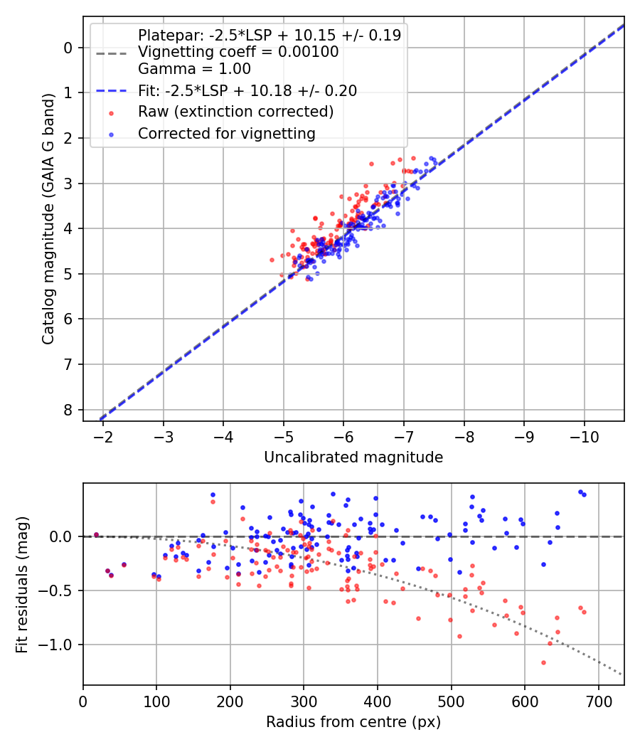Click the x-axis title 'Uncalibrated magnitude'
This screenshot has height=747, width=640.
(353, 457)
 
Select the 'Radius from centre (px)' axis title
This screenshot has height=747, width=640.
(353, 722)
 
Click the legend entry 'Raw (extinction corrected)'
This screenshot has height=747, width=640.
(235, 112)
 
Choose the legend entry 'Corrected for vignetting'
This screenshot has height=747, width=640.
(226, 133)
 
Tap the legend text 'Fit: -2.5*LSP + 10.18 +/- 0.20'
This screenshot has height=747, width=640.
(247, 90)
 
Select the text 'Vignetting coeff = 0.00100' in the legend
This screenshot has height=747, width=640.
(238, 52)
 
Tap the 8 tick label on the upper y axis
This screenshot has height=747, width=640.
(68, 410)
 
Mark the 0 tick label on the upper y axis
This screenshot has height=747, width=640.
(68, 48)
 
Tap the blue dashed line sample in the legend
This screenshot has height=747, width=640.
(110, 91)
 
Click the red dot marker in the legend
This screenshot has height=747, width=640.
(110, 112)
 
